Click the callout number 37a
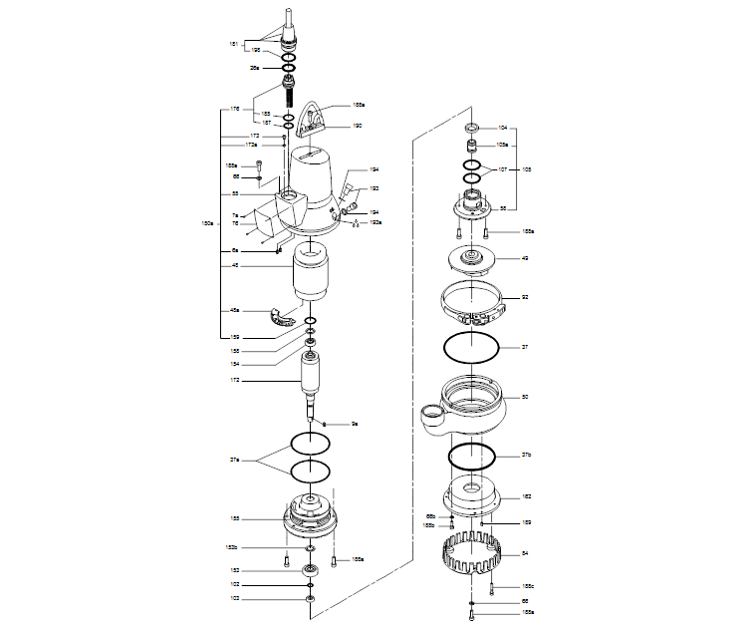click(234, 460)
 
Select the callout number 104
click(503, 128)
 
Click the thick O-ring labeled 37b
click(472, 457)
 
